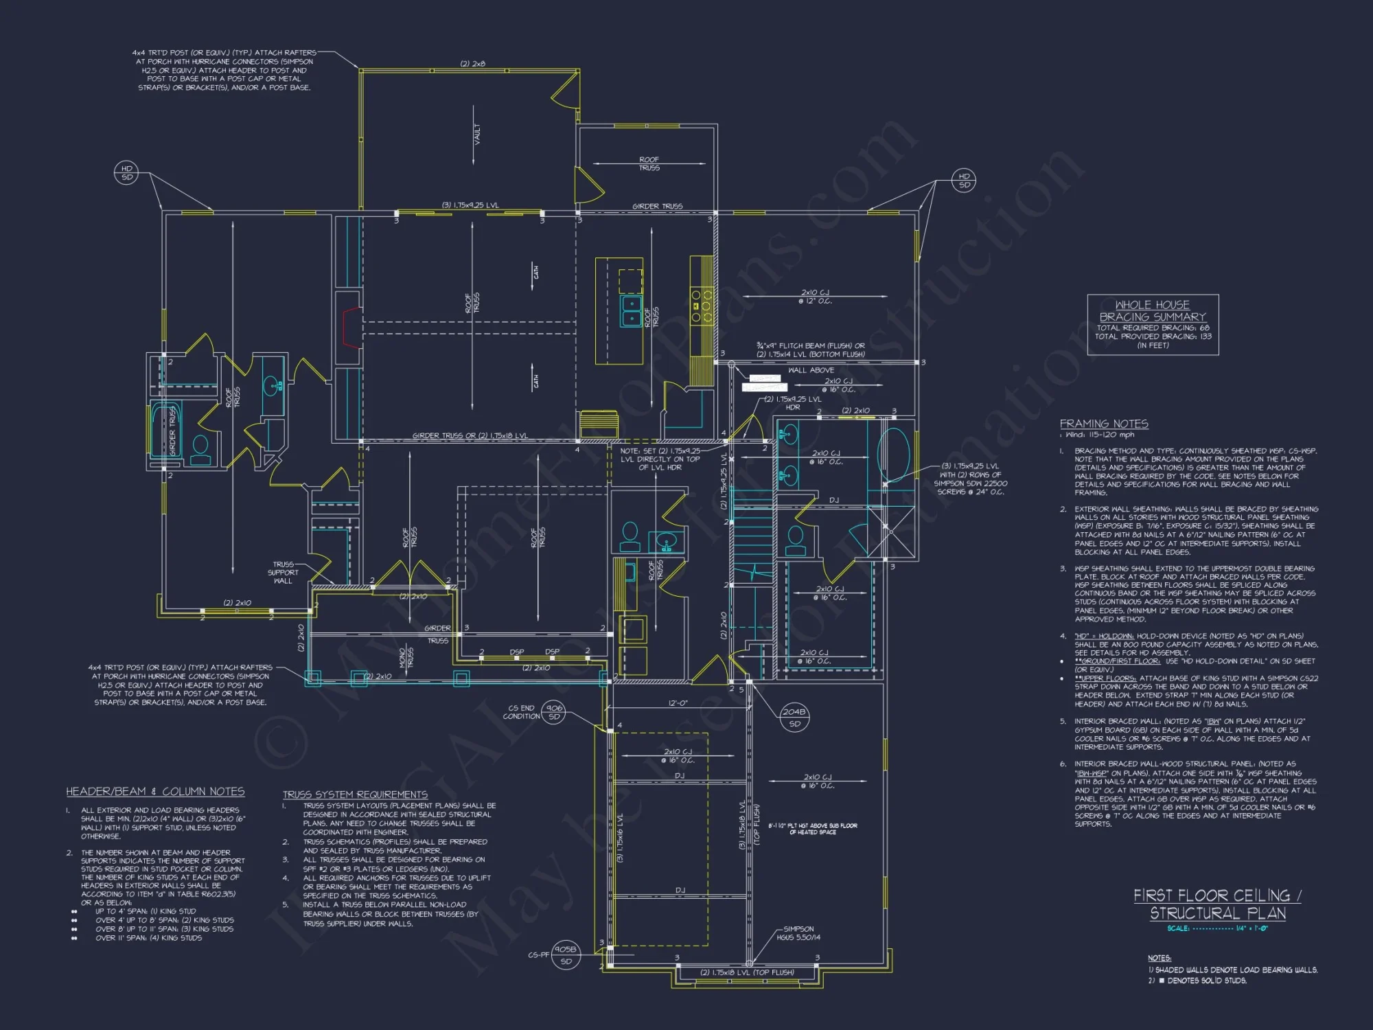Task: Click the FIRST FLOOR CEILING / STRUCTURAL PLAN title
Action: [x=1217, y=904]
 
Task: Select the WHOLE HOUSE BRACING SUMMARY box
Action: [x=1153, y=325]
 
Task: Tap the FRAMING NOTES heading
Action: [x=1103, y=424]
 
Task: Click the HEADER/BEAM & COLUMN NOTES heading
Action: [x=155, y=792]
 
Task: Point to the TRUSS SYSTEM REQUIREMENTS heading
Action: [x=355, y=794]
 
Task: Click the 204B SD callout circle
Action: [x=794, y=717]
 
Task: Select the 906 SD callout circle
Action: [x=554, y=712]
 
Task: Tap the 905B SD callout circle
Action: [x=566, y=955]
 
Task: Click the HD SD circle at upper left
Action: [x=127, y=172]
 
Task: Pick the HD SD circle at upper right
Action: [x=965, y=180]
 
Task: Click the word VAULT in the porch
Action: [x=477, y=134]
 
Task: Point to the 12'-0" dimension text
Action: [x=678, y=703]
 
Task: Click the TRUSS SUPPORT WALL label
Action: [x=283, y=572]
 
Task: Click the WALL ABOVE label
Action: [x=811, y=370]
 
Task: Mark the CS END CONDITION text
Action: [x=521, y=712]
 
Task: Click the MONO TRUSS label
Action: [x=406, y=658]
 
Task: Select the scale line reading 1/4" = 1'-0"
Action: [x=1217, y=928]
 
